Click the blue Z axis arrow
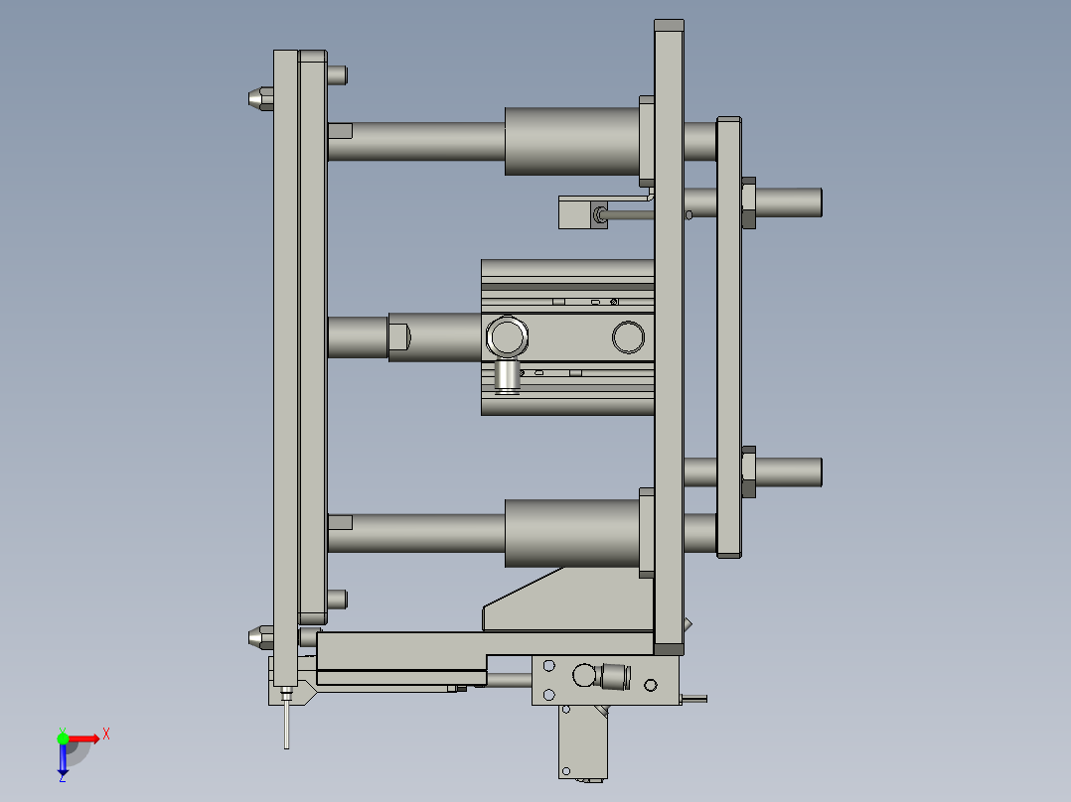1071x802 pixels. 63,760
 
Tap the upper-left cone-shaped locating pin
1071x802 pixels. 258,97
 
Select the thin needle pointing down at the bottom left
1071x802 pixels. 287,723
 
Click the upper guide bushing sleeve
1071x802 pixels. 571,141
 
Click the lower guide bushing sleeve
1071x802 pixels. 571,533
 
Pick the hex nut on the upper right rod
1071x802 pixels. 749,202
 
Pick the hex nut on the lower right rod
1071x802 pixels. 749,472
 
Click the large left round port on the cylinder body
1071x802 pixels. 508,336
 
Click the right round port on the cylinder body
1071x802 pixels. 628,337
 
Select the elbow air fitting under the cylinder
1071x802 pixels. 508,376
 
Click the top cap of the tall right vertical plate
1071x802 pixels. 669,26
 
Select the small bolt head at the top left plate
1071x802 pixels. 337,73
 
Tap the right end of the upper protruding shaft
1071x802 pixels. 814,202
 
